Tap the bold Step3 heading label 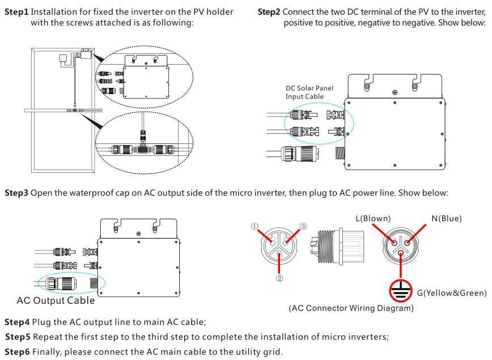[x=16, y=193]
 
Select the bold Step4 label [x=16, y=323]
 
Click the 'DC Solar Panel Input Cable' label [x=309, y=92]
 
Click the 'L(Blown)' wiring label [x=373, y=218]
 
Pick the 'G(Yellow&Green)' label [x=452, y=293]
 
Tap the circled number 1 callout [x=255, y=226]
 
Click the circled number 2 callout [x=279, y=278]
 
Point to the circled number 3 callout [x=303, y=226]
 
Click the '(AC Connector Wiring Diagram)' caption [x=352, y=309]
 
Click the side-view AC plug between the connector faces [x=335, y=248]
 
